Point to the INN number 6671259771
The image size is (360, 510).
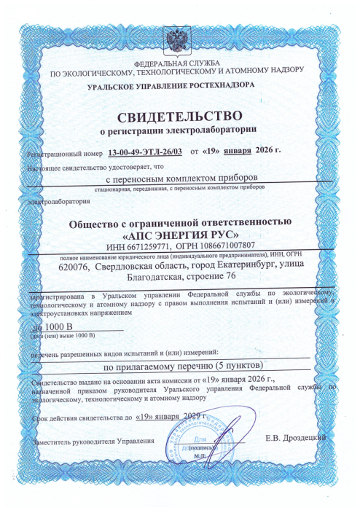167,246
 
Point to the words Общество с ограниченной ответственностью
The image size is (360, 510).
179,221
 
